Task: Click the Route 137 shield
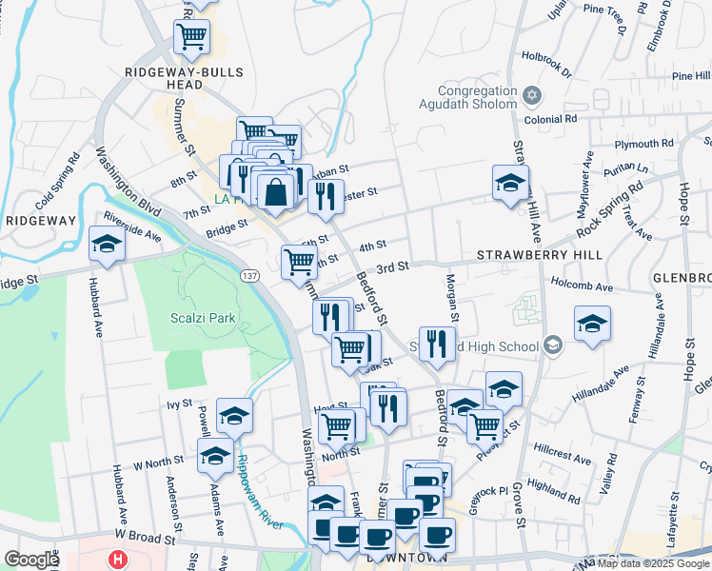click(250, 275)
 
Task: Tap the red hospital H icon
click(118, 560)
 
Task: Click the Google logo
click(31, 560)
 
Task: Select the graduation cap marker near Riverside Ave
click(107, 245)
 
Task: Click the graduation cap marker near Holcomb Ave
click(592, 325)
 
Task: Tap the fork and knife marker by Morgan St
click(437, 344)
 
